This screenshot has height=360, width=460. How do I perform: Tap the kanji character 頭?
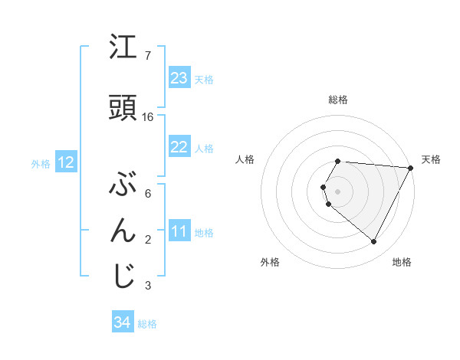pyautogui.click(x=123, y=109)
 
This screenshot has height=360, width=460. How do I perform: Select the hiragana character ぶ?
pyautogui.click(x=123, y=185)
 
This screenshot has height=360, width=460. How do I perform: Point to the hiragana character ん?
pyautogui.click(x=123, y=231)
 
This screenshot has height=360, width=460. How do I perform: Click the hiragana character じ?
pyautogui.click(x=123, y=277)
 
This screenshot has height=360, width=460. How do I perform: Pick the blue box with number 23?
pyautogui.click(x=179, y=78)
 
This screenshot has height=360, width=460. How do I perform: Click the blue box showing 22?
pyautogui.click(x=179, y=147)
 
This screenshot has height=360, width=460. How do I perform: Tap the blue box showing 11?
pyautogui.click(x=179, y=232)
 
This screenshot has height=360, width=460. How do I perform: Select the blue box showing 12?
pyautogui.click(x=66, y=162)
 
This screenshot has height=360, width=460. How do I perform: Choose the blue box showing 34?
pyautogui.click(x=123, y=323)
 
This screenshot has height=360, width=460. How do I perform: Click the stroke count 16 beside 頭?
pyautogui.click(x=148, y=117)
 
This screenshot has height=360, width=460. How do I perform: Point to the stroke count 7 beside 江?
pyautogui.click(x=148, y=56)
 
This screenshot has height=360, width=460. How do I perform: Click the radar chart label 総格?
pyautogui.click(x=338, y=100)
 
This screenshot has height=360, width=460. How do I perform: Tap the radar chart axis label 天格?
pyautogui.click(x=431, y=159)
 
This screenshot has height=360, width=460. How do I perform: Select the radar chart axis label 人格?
pyautogui.click(x=245, y=159)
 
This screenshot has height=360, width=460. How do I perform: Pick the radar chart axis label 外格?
pyautogui.click(x=270, y=263)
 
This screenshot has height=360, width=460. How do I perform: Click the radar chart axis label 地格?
pyautogui.click(x=402, y=263)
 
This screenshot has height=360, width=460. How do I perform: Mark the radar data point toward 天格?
pyautogui.click(x=410, y=168)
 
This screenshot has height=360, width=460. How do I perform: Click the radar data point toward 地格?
pyautogui.click(x=374, y=242)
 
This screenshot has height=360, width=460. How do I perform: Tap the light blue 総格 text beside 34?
pyautogui.click(x=147, y=324)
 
